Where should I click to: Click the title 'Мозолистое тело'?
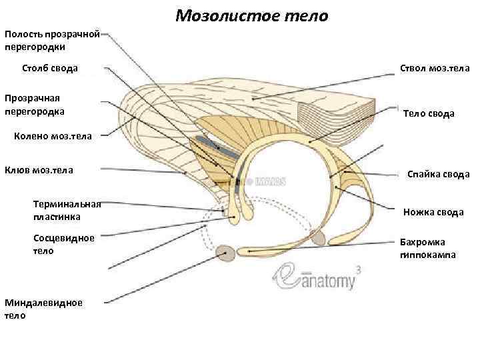pos(252,15)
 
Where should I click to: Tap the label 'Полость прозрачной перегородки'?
pos(52,40)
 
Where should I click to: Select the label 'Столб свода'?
pos(50,68)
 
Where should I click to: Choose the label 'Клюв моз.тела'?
pos(39,169)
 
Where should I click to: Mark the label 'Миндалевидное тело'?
pos(43,309)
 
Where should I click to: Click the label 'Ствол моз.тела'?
pos(434,68)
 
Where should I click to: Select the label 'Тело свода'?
pos(429,114)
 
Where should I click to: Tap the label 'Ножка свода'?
pos(433,213)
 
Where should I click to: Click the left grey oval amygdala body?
pos(226,252)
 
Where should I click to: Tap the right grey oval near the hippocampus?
pos(318,237)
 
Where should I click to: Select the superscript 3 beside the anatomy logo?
pos(359,270)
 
